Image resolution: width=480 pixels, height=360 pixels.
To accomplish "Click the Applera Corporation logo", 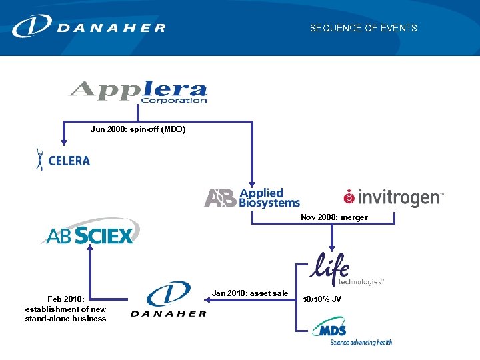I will pyautogui.click(x=139, y=92).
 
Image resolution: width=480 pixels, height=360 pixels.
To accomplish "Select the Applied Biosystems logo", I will pyautogui.click(x=252, y=198).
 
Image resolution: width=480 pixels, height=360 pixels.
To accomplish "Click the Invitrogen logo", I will pyautogui.click(x=393, y=197).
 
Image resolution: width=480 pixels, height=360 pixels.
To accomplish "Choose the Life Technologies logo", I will pyautogui.click(x=347, y=269).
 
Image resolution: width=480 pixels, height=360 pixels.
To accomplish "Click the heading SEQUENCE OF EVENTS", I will pyautogui.click(x=363, y=28).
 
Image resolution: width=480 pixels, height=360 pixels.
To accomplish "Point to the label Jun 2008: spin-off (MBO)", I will pyautogui.click(x=138, y=129).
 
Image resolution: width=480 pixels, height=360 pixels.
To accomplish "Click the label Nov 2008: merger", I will pyautogui.click(x=334, y=217).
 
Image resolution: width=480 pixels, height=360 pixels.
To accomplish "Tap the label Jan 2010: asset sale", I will pyautogui.click(x=250, y=293).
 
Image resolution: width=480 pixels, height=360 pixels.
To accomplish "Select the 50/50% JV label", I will pyautogui.click(x=322, y=299).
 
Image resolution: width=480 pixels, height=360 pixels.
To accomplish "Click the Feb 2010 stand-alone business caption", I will pyautogui.click(x=65, y=309).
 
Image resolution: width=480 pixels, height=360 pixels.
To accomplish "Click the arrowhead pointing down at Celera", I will pyautogui.click(x=64, y=142).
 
